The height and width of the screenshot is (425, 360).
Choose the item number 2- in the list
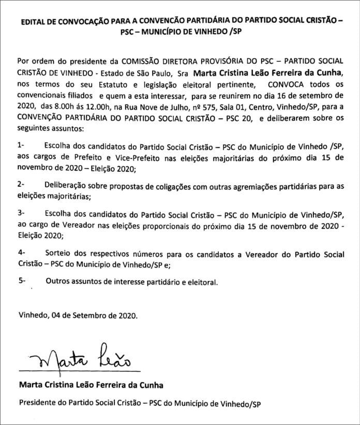(21, 185)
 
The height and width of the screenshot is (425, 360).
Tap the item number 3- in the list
(21, 213)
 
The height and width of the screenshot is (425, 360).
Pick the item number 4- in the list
(21, 253)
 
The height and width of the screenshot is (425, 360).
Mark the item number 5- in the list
(21, 282)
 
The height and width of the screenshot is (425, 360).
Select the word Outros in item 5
(57, 282)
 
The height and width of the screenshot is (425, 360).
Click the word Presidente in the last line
(36, 403)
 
